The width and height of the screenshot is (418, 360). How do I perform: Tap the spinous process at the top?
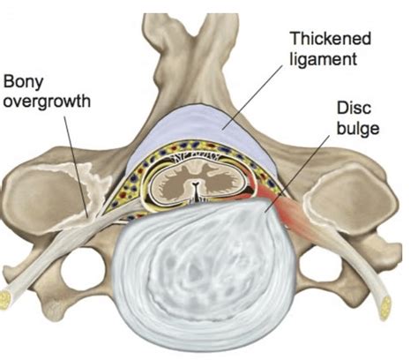tap(211, 35)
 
